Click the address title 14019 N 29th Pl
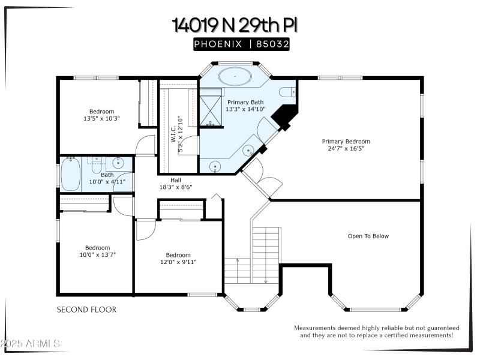[235, 25]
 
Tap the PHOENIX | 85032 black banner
[241, 44]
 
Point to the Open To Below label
[368, 236]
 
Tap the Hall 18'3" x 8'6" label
[176, 183]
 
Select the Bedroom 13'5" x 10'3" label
[101, 115]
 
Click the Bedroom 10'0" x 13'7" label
[97, 251]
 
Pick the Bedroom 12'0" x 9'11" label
[178, 258]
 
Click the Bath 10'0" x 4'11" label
[107, 178]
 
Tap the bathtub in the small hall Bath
[71, 174]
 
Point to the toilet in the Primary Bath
[288, 92]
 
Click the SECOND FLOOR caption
[86, 310]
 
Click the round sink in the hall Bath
[118, 163]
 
